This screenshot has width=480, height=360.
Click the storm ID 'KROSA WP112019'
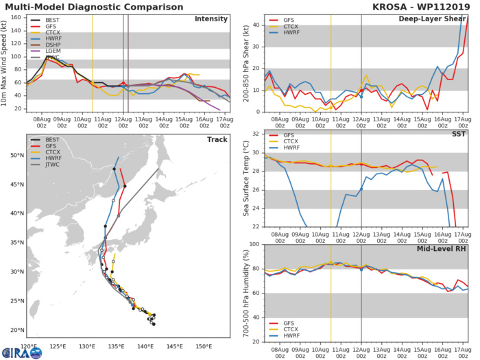[x=430, y=6]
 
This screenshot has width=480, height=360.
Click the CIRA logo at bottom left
[x=22, y=352]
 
